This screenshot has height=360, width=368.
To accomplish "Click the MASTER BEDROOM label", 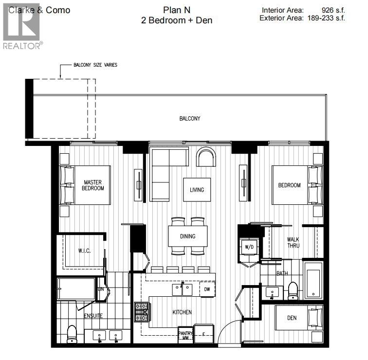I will tap(92, 185).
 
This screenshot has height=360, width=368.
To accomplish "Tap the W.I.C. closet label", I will tap(85, 251).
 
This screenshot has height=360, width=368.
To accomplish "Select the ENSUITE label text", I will tap(93, 316).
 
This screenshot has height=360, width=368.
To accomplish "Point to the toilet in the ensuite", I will tap(72, 333).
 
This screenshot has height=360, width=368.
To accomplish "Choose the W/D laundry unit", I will tap(249, 247).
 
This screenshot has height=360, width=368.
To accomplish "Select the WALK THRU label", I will tap(293, 242).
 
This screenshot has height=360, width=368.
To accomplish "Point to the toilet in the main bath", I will tap(293, 290).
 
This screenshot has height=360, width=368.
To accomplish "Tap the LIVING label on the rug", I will tap(197, 190).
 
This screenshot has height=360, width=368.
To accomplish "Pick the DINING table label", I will tap(187, 236).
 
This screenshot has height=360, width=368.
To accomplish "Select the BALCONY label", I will tap(189, 118).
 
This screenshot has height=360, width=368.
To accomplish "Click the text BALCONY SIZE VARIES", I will tap(95, 65).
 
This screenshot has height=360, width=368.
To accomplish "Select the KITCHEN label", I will tap(182, 312).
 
